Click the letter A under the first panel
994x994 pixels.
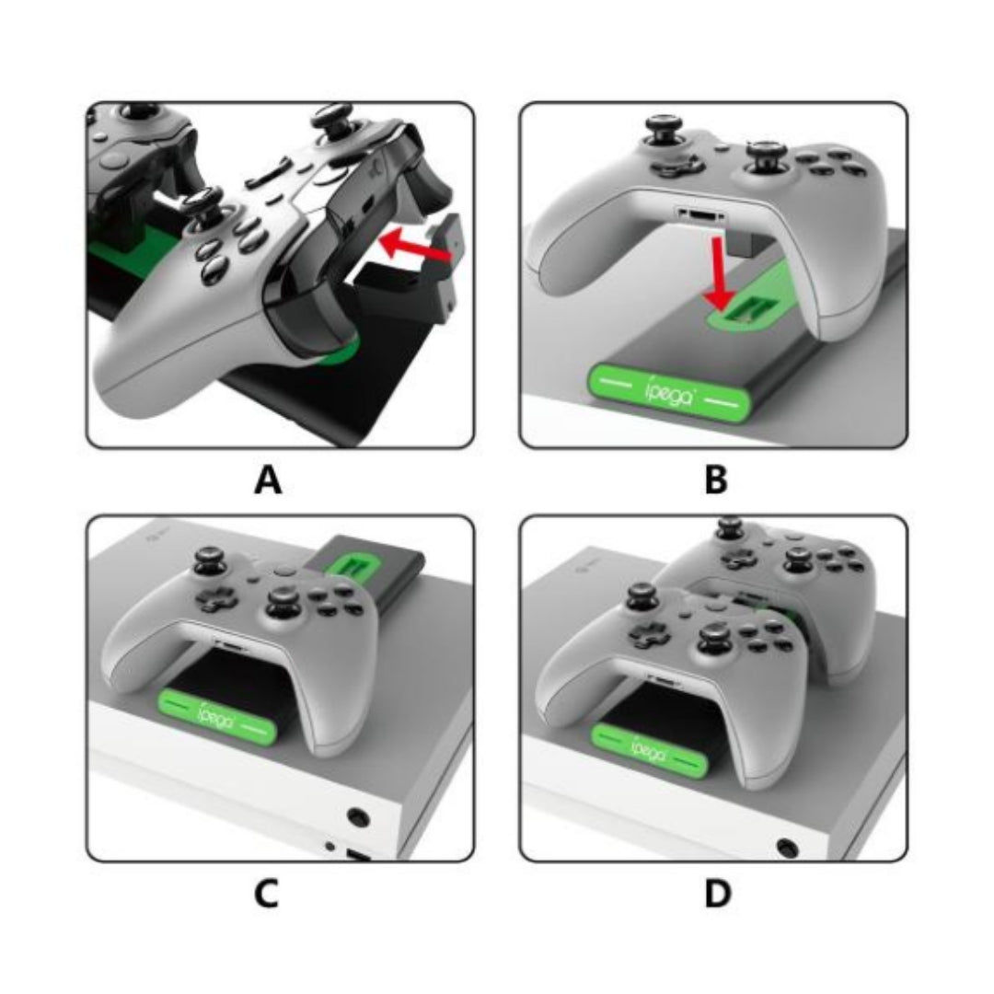pyautogui.click(x=268, y=480)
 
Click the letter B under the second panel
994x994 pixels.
pyautogui.click(x=716, y=480)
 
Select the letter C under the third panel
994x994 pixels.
pyautogui.click(x=266, y=894)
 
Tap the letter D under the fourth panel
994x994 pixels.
pyautogui.click(x=717, y=894)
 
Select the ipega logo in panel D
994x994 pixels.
pyautogui.click(x=648, y=748)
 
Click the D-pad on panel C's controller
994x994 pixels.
pyautogui.click(x=219, y=599)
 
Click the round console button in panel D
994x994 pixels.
pyautogui.click(x=788, y=847)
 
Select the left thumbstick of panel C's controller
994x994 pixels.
pyautogui.click(x=207, y=561)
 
